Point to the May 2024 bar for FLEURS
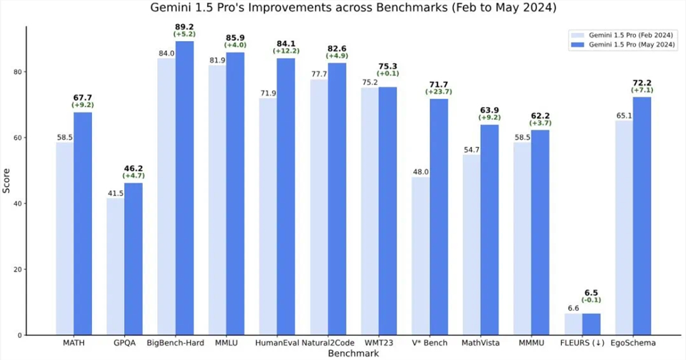(591, 324)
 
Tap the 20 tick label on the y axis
(16, 269)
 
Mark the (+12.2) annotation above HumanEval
(287, 50)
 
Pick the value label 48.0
(420, 172)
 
